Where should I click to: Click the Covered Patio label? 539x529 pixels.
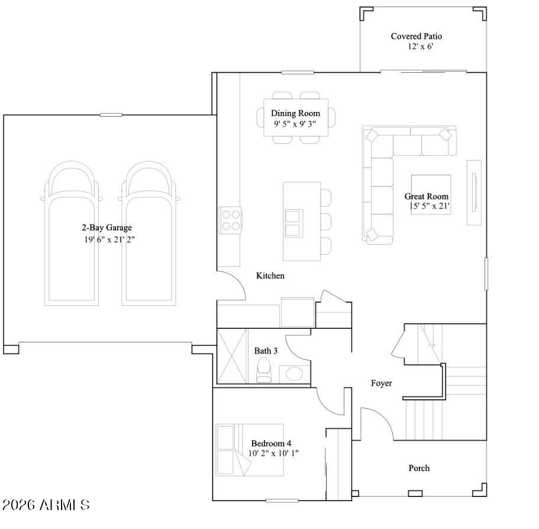[x=416, y=36]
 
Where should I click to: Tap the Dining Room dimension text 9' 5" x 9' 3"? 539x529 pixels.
[x=295, y=124]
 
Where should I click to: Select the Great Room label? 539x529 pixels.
[x=426, y=196]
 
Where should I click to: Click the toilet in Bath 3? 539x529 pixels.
[x=263, y=370]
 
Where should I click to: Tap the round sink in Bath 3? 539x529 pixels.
[x=293, y=374]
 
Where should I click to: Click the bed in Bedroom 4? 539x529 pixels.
[x=249, y=449]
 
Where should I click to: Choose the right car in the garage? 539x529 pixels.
[x=148, y=235]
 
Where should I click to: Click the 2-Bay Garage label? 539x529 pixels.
[x=106, y=227]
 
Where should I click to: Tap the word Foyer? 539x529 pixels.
[x=381, y=383]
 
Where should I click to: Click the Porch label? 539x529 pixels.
[x=419, y=468]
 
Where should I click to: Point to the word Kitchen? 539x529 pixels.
[x=270, y=275]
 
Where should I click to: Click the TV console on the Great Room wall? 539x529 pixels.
[x=474, y=193]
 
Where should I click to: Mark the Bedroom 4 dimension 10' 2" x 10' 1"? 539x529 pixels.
[x=274, y=453]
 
